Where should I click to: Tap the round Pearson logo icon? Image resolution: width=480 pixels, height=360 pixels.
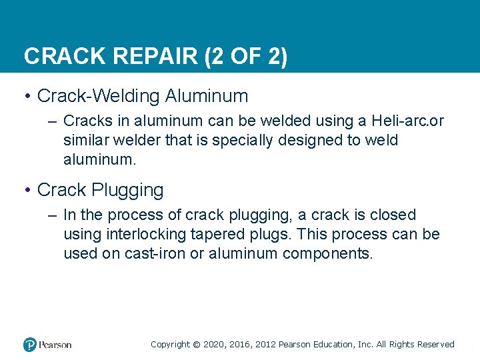pyautogui.click(x=30, y=345)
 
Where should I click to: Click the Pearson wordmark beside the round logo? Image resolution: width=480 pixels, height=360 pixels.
pyautogui.click(x=55, y=345)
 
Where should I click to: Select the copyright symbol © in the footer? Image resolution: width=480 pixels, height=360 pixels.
pyautogui.click(x=196, y=345)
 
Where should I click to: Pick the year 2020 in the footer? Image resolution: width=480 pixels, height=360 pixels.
pyautogui.click(x=214, y=345)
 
